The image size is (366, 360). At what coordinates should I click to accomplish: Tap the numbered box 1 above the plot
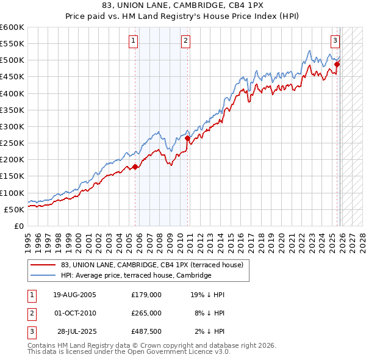[x=133, y=41]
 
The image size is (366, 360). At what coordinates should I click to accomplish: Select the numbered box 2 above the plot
[x=185, y=41]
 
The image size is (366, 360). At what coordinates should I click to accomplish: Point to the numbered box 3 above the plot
[x=335, y=41]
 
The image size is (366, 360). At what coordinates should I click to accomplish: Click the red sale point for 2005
[x=135, y=167]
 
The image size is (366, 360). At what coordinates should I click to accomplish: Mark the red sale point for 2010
[x=188, y=139]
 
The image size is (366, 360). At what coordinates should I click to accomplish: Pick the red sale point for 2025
[x=337, y=65]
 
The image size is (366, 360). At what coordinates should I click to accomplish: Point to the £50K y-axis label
[x=15, y=209]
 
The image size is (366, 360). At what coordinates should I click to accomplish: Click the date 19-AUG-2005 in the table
[x=74, y=295]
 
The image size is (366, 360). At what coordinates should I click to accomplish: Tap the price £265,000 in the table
[x=146, y=312]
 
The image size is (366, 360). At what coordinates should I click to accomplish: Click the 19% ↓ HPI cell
[x=207, y=295]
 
